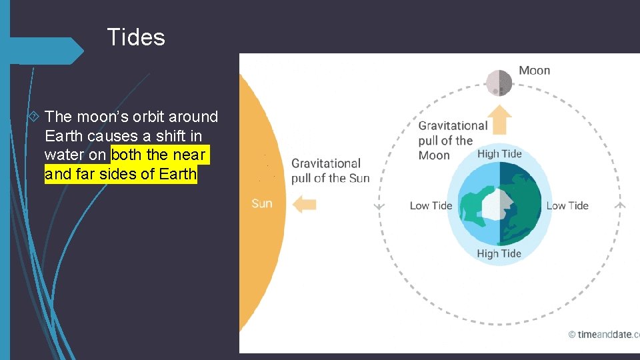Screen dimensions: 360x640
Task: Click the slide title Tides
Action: (136, 37)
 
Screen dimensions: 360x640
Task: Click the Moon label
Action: (534, 71)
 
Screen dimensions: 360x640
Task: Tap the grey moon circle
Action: (499, 83)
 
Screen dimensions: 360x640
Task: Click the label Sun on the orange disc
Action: (261, 203)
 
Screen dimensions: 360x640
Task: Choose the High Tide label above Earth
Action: (499, 154)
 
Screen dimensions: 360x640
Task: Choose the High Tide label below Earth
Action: (499, 253)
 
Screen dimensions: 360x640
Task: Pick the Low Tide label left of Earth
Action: (431, 205)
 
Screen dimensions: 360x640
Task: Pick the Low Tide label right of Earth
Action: (567, 205)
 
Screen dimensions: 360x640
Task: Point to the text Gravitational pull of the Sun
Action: (330, 171)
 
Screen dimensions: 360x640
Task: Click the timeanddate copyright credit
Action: (603, 335)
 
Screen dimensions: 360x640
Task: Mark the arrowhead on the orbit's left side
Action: (379, 206)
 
